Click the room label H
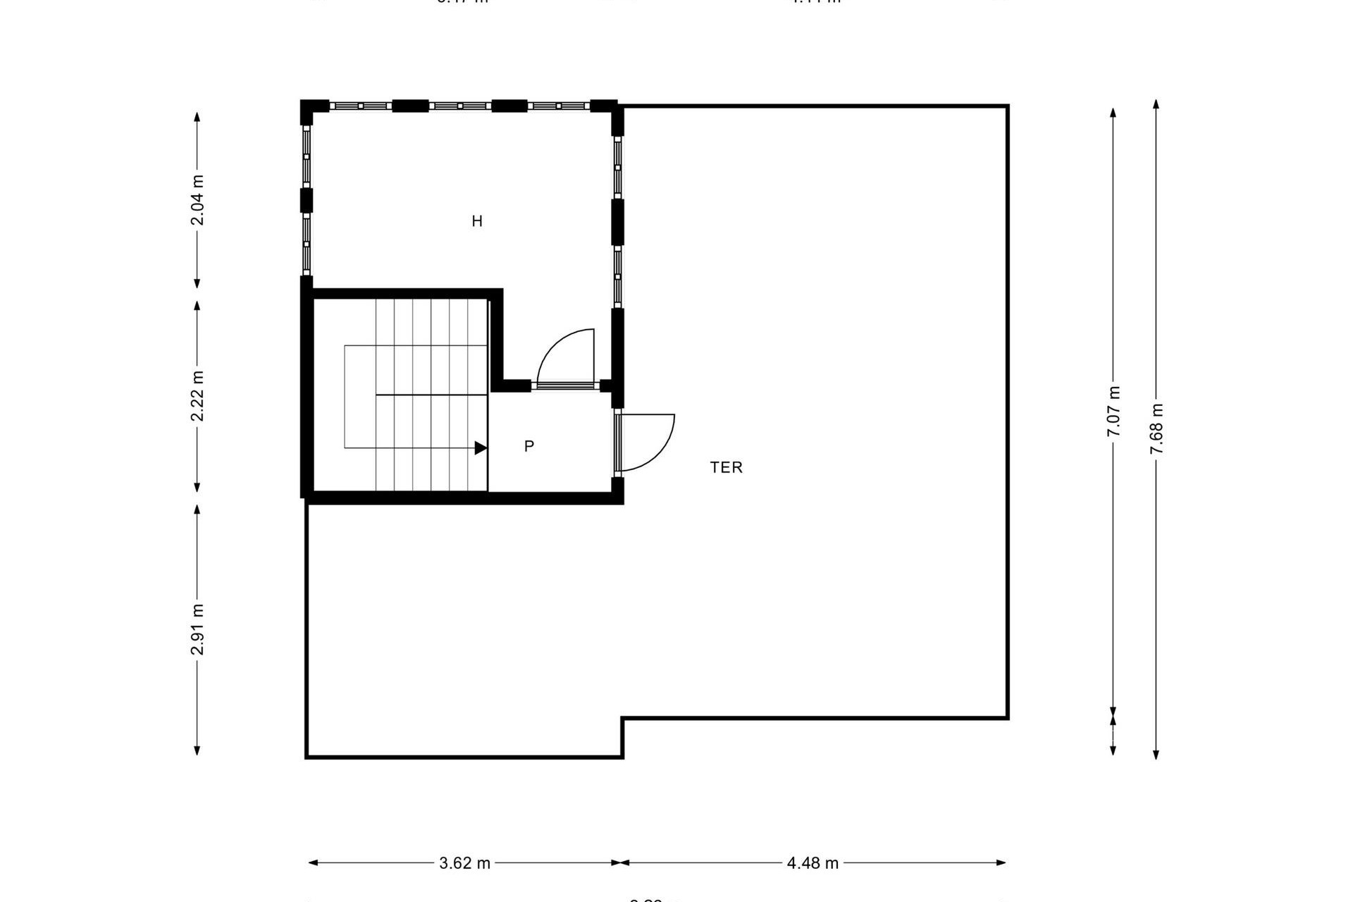point(477,221)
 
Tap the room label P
point(529,446)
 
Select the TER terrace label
point(726,467)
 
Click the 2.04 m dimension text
point(198,200)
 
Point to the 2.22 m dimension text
point(198,396)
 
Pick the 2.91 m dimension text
point(198,629)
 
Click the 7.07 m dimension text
point(1113,412)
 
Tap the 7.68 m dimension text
point(1156,428)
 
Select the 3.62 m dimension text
point(464,863)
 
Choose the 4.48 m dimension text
point(813,863)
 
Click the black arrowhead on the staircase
point(481,447)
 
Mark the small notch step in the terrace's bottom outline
point(622,736)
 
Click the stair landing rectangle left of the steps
point(359,396)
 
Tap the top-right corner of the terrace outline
point(1007,107)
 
